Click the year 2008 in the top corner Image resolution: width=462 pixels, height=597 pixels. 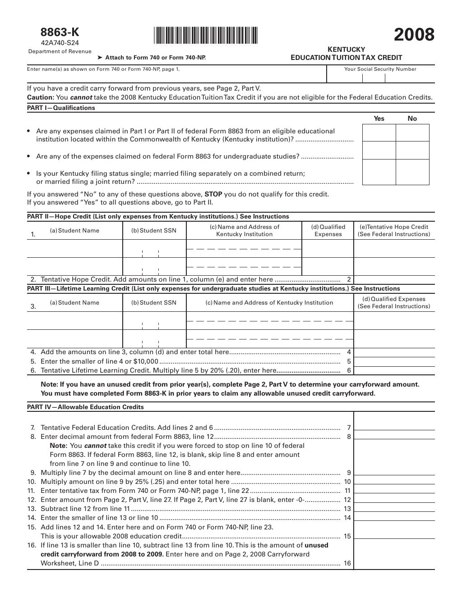(414, 35)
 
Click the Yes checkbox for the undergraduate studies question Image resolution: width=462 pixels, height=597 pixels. (379, 150)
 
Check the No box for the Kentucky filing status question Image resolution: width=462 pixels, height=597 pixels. (412, 172)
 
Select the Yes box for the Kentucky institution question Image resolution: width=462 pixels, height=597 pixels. (379, 132)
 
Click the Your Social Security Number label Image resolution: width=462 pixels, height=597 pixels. (380, 69)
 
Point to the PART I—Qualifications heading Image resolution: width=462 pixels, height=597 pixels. (61, 108)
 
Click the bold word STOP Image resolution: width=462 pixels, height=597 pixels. (213, 194)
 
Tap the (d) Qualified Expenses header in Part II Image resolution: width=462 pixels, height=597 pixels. (328, 231)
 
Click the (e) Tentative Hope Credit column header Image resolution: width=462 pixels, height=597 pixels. (394, 231)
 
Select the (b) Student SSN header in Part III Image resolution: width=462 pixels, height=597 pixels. (154, 303)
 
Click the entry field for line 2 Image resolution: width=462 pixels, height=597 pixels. (394, 280)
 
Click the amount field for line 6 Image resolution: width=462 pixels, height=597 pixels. (394, 370)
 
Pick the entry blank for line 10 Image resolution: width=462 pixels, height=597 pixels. (394, 482)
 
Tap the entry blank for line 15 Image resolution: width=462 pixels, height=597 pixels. (394, 536)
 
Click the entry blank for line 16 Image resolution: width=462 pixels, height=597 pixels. (394, 563)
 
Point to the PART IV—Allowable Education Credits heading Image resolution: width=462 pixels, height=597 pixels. (86, 407)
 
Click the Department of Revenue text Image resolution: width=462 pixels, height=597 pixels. (60, 51)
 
